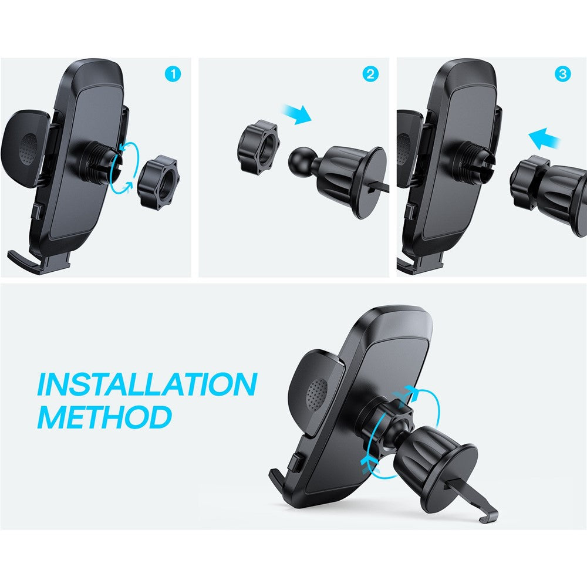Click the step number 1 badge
tap(173, 75)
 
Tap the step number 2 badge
tap(371, 75)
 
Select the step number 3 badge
tap(562, 75)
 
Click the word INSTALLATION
tap(147, 384)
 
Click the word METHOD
tap(104, 417)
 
